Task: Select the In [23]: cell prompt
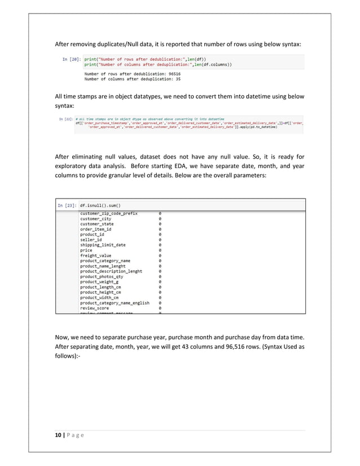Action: [x=67, y=206]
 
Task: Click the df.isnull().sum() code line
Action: [x=103, y=206]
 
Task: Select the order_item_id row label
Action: [x=99, y=230]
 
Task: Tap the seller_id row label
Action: [x=91, y=240]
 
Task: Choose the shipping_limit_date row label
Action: [x=103, y=245]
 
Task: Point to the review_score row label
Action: [x=95, y=308]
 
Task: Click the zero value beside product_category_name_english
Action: [x=160, y=303]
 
